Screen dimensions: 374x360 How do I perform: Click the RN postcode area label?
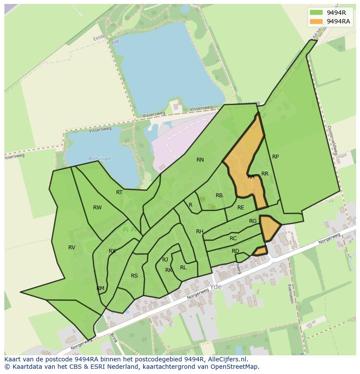200,160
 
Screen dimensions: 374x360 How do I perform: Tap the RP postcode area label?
275,157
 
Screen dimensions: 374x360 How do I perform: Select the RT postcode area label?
119,192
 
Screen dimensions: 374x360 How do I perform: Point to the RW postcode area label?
97,208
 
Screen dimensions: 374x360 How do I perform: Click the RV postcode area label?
72,248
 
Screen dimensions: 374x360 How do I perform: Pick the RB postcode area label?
219,195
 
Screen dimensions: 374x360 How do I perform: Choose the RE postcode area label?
241,208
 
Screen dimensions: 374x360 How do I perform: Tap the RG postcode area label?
253,221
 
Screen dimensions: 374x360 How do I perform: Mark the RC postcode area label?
233,238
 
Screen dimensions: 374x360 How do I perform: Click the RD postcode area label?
235,251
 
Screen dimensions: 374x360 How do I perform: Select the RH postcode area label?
200,232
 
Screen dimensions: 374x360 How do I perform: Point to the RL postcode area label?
183,268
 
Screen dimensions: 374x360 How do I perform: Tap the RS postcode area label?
134,276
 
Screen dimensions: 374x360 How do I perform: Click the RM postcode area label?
100,288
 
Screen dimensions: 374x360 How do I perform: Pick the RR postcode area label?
265,174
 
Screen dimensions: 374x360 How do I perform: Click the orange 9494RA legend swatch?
317,21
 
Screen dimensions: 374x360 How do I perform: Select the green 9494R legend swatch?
317,13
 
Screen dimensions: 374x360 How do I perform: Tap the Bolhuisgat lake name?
100,159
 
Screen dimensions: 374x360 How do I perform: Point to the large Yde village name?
216,287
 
